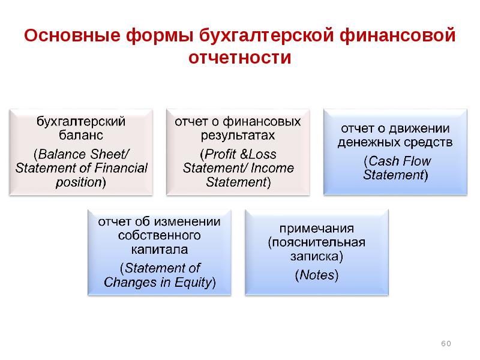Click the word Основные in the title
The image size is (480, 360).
[72, 35]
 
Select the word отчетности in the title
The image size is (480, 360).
[239, 57]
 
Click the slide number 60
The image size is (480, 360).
[446, 343]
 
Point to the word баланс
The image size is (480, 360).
[81, 135]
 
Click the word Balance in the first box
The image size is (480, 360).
[58, 154]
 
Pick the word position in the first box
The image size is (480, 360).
[79, 182]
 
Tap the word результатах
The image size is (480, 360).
[238, 136]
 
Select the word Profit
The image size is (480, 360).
[221, 154]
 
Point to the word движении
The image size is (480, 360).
[419, 128]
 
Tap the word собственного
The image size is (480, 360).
[159, 235]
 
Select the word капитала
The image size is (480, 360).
[159, 250]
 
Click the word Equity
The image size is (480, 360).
[193, 282]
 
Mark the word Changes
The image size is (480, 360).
[130, 282]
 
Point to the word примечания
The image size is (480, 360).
[317, 229]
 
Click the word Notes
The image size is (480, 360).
[317, 275]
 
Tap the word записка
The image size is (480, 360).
[314, 256]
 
